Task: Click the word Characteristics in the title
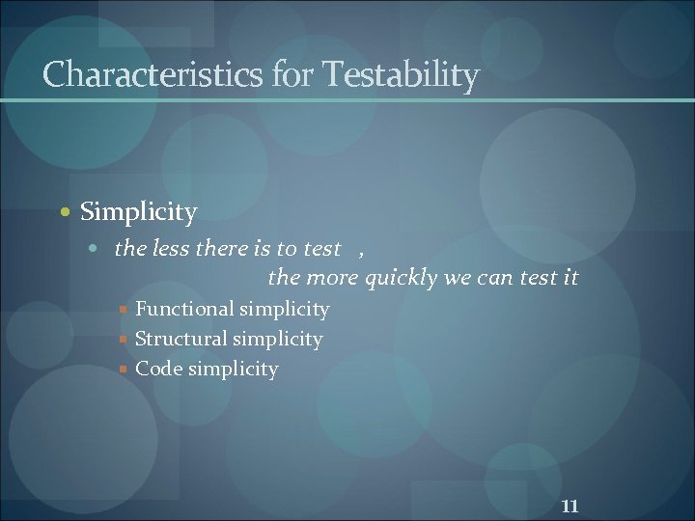click(153, 74)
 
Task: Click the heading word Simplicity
click(139, 211)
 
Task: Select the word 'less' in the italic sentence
click(171, 249)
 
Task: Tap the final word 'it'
click(570, 278)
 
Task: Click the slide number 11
click(570, 506)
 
